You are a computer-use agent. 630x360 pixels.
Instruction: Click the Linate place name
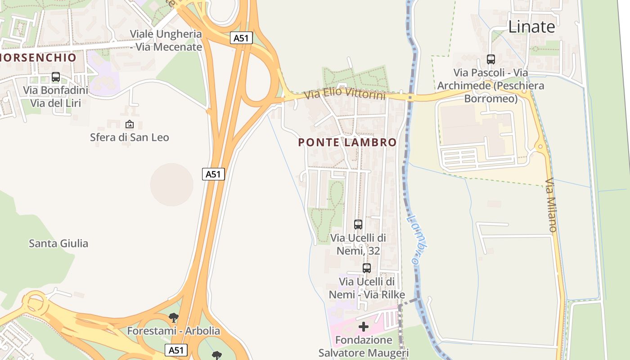click(531, 27)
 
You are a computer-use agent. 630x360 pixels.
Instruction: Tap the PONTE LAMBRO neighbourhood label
click(347, 143)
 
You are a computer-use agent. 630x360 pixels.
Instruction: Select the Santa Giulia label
click(58, 243)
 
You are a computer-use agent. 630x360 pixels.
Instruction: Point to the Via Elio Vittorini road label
click(345, 94)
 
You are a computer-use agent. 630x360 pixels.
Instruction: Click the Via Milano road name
click(551, 205)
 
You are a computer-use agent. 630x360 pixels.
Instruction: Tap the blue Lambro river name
click(417, 239)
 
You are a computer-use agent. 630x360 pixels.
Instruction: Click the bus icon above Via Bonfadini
click(56, 77)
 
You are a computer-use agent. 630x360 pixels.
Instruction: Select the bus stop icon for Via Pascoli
click(490, 59)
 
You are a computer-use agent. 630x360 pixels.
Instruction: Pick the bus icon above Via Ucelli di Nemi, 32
click(358, 224)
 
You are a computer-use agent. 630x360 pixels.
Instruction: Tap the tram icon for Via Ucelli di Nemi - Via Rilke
click(367, 268)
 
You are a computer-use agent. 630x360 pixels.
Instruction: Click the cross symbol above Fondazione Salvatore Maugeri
click(364, 326)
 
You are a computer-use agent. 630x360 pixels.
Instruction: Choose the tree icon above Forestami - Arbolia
click(174, 318)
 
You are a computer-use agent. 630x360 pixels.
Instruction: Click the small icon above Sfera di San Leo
click(130, 124)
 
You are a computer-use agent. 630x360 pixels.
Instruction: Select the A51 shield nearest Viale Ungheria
click(241, 38)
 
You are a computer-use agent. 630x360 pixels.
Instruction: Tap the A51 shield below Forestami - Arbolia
click(176, 350)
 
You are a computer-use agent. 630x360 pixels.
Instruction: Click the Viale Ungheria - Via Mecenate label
click(166, 40)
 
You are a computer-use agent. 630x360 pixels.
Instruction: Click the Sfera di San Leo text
click(130, 137)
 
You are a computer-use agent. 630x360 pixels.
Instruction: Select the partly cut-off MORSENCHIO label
click(38, 58)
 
